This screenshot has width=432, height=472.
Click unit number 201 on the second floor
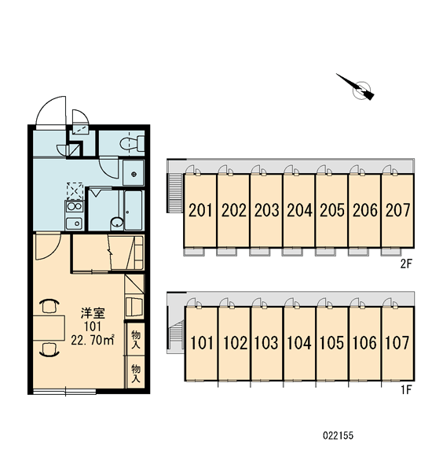click(x=200, y=210)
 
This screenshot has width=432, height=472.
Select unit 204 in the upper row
click(x=299, y=210)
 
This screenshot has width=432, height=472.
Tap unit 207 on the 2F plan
click(x=397, y=210)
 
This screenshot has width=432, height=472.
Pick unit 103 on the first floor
click(x=266, y=343)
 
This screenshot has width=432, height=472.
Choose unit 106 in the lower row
click(x=364, y=343)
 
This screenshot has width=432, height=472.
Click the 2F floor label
click(x=405, y=264)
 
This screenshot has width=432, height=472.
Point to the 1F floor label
click(x=405, y=390)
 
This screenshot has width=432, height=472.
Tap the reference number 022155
click(x=339, y=436)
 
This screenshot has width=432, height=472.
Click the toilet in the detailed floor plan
click(x=132, y=143)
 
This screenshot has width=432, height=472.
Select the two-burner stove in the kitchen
click(x=75, y=206)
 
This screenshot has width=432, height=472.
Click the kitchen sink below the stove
click(x=74, y=223)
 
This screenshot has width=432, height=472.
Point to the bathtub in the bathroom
click(x=134, y=210)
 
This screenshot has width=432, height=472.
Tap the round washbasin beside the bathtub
click(x=117, y=223)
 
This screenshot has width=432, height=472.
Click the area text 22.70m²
click(x=93, y=340)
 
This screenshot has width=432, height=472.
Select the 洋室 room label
click(x=93, y=313)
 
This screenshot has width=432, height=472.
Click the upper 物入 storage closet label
click(x=136, y=339)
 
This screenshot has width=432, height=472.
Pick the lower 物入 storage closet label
click(x=136, y=373)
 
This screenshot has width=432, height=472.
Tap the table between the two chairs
click(x=49, y=328)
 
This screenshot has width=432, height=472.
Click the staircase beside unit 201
click(x=176, y=193)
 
